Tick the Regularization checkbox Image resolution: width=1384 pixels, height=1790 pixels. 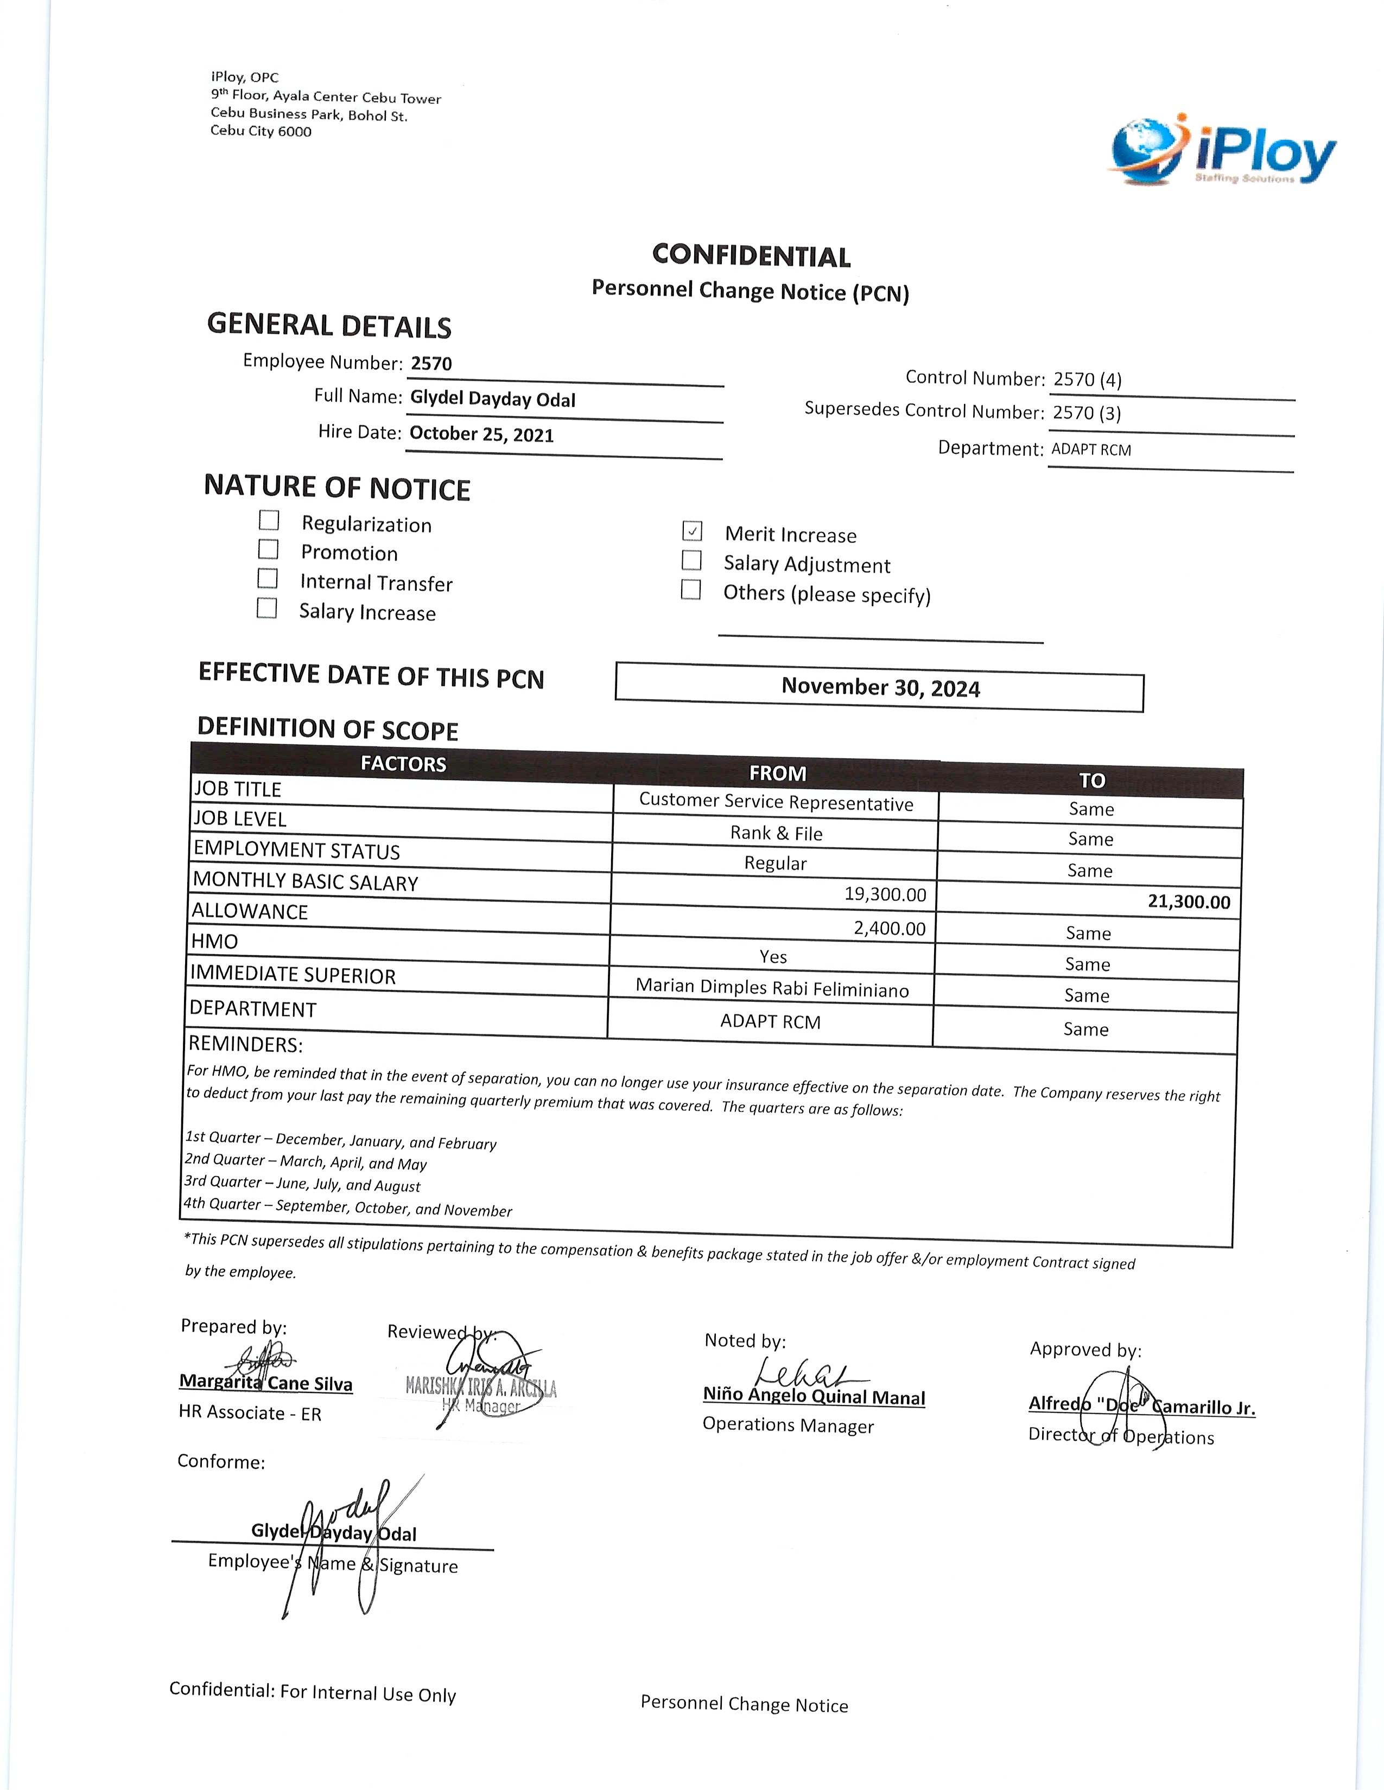coord(269,520)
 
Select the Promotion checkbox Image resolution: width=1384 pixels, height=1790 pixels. coord(268,549)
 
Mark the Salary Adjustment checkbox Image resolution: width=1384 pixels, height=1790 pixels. coord(692,561)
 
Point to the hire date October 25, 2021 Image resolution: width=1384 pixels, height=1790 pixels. coord(481,434)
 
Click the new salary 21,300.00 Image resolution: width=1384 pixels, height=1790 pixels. coord(1188,903)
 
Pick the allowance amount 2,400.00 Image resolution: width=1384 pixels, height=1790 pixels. coord(889,929)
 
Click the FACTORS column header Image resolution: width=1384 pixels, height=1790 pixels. coord(403,764)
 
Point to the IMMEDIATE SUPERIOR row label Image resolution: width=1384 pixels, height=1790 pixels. coord(293,975)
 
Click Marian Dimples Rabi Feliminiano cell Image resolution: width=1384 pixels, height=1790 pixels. coord(772,988)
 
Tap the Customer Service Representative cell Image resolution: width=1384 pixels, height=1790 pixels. coord(776,802)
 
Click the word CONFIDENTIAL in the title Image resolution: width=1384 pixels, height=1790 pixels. coord(751,255)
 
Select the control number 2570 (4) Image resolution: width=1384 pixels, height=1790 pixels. coord(1087,380)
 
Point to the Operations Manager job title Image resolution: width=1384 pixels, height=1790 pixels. coord(788,1425)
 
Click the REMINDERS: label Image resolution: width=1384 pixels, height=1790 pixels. coord(245,1044)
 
